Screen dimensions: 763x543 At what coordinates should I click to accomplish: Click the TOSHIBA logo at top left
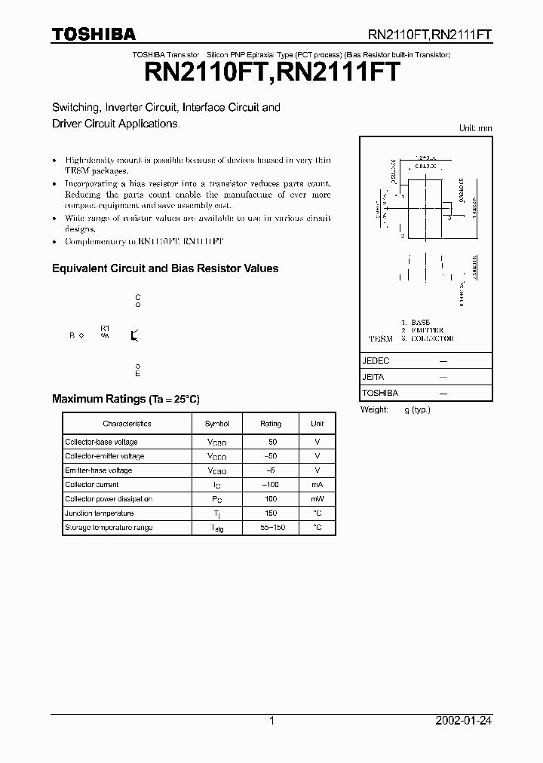94,34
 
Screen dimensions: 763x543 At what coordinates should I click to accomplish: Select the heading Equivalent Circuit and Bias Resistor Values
164,268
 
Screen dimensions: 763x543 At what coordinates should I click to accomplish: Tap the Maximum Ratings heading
125,399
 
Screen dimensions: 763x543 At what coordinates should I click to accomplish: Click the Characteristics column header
127,424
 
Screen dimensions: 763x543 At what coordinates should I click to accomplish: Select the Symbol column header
216,424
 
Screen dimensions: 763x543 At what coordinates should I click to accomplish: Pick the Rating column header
271,424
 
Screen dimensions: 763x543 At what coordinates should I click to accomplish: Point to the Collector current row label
91,485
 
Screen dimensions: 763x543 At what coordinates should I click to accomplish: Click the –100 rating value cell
271,485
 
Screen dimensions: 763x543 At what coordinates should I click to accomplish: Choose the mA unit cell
318,485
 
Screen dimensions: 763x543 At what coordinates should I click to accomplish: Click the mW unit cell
318,499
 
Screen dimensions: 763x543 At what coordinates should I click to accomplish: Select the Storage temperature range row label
109,528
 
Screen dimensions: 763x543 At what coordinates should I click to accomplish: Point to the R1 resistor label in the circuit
105,328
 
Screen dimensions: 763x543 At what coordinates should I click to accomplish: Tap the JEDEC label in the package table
376,361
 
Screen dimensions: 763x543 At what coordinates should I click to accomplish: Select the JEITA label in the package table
374,377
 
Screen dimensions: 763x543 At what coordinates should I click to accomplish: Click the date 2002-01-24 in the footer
464,721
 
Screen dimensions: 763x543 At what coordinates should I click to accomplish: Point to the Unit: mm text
475,128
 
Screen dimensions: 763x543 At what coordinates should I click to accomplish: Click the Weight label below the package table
374,409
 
